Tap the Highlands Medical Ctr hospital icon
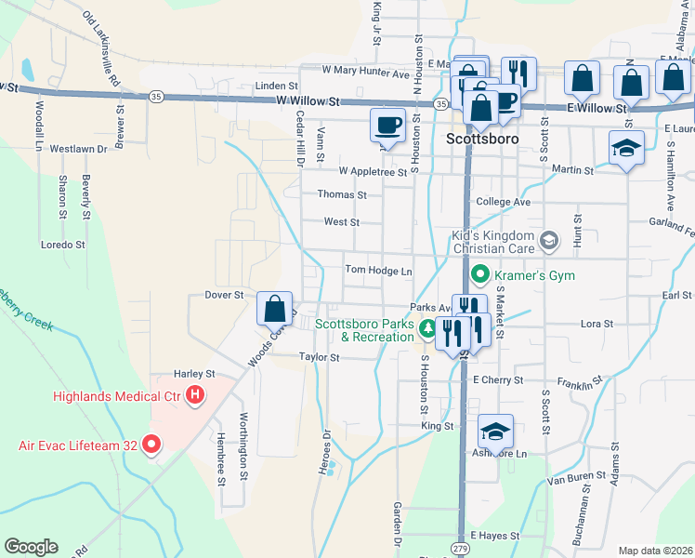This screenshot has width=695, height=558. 195,396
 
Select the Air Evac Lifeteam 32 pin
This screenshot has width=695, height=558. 151,445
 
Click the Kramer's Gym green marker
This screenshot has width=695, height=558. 479,275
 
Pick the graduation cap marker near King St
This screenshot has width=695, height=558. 496,432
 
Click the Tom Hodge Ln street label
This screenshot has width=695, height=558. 378,271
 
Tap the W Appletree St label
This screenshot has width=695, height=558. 373,171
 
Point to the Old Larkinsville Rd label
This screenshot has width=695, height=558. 102,48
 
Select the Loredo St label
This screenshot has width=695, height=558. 63,246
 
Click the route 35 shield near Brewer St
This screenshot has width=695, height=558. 157,96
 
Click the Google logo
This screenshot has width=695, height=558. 31,547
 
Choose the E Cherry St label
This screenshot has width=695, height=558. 498,380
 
